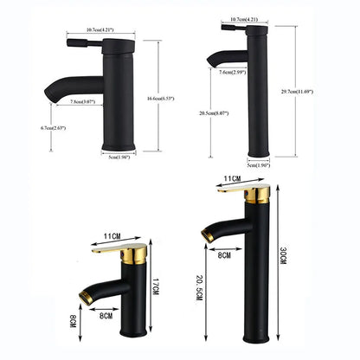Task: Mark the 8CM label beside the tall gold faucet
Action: pos(224,257)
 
